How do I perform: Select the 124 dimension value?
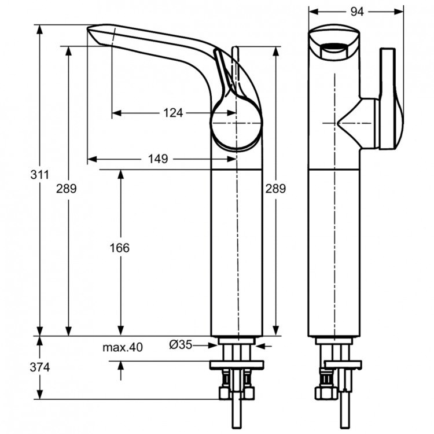tap(172, 113)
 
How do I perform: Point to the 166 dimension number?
tap(120, 248)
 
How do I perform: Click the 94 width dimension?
tap(355, 11)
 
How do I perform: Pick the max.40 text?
tap(123, 347)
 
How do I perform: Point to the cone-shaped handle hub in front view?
tap(350, 124)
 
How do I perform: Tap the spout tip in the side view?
tap(95, 30)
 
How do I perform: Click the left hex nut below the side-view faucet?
tap(224, 393)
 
